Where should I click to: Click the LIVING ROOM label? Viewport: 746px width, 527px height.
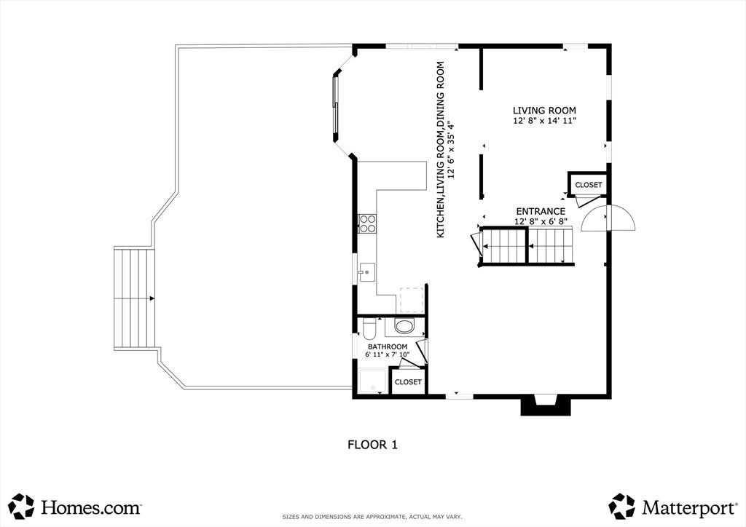(x=544, y=111)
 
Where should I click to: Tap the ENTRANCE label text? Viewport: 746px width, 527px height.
(x=541, y=212)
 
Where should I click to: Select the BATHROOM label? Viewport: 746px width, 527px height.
(x=388, y=347)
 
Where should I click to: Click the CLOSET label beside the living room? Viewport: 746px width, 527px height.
(x=589, y=185)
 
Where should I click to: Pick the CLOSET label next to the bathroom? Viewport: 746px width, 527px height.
(x=408, y=382)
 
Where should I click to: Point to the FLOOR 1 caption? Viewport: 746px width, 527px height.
(x=372, y=445)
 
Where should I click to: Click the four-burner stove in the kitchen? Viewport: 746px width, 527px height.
(x=367, y=223)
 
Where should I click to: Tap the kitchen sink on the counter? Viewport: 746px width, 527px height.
(x=367, y=272)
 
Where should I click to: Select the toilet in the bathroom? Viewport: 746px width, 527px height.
(x=369, y=328)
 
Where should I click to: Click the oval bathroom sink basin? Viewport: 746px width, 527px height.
(x=405, y=327)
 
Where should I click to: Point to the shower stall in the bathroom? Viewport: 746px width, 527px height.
(x=373, y=381)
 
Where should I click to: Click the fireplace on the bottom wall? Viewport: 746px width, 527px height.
(x=546, y=405)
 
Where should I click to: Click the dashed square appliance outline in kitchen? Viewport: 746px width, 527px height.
(x=412, y=301)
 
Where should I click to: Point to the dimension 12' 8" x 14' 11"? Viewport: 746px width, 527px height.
(x=544, y=121)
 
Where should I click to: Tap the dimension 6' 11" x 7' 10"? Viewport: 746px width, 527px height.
(x=388, y=354)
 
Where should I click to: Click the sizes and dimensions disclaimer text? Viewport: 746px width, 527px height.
(x=372, y=517)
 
